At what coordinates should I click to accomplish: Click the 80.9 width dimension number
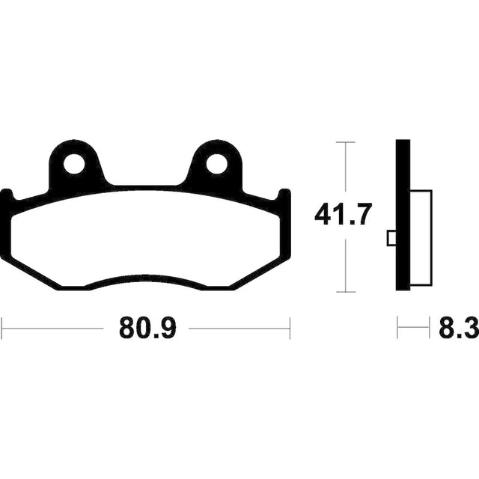tap(147, 329)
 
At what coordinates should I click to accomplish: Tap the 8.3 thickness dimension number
tap(459, 329)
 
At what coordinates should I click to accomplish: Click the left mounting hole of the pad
tap(74, 165)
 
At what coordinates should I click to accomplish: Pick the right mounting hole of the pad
tap(216, 165)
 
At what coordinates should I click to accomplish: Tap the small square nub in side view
tap(391, 238)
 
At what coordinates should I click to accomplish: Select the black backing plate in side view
tap(403, 215)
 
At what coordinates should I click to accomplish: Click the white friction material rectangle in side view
tap(421, 238)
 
